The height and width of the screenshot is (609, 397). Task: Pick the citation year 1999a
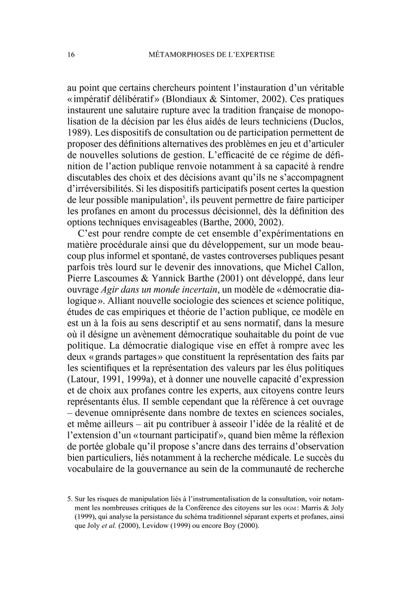138,378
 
